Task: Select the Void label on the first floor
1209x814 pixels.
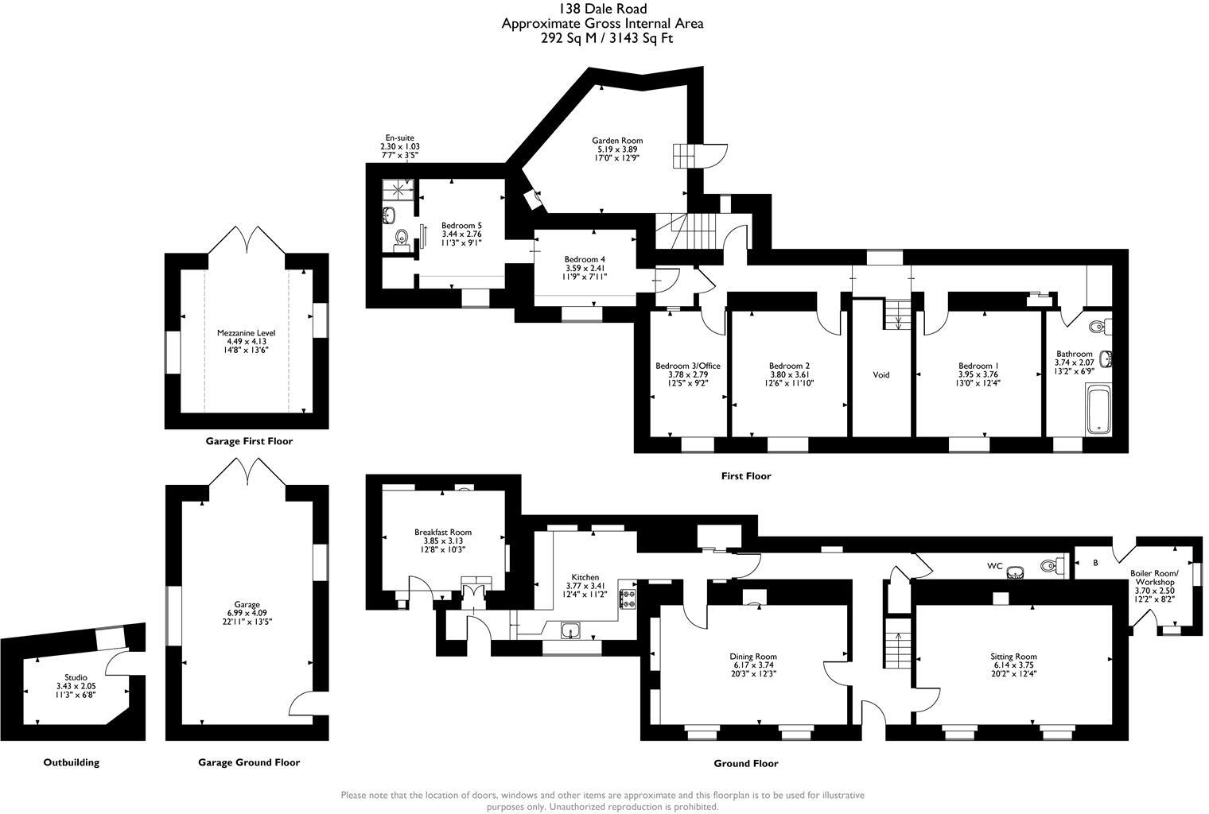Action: (x=881, y=374)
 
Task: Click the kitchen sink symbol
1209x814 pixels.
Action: (x=571, y=631)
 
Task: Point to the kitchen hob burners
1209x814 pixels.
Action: (x=628, y=599)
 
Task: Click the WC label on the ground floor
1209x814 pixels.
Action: (x=994, y=566)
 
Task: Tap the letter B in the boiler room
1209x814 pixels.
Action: (x=1095, y=564)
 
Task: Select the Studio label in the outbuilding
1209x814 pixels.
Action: (x=76, y=677)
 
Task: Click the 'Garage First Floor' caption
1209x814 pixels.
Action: (x=249, y=441)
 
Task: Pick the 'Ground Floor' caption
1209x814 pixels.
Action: (x=745, y=763)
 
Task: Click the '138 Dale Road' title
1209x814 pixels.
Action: (x=602, y=9)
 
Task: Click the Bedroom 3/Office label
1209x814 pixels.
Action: (x=687, y=366)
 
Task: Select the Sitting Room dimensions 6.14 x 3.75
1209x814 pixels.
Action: (x=1013, y=665)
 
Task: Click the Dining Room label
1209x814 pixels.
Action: (x=752, y=657)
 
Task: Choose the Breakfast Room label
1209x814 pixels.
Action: (x=442, y=533)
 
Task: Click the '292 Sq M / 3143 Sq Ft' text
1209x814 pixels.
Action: (x=602, y=38)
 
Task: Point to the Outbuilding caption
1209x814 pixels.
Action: (x=72, y=762)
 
